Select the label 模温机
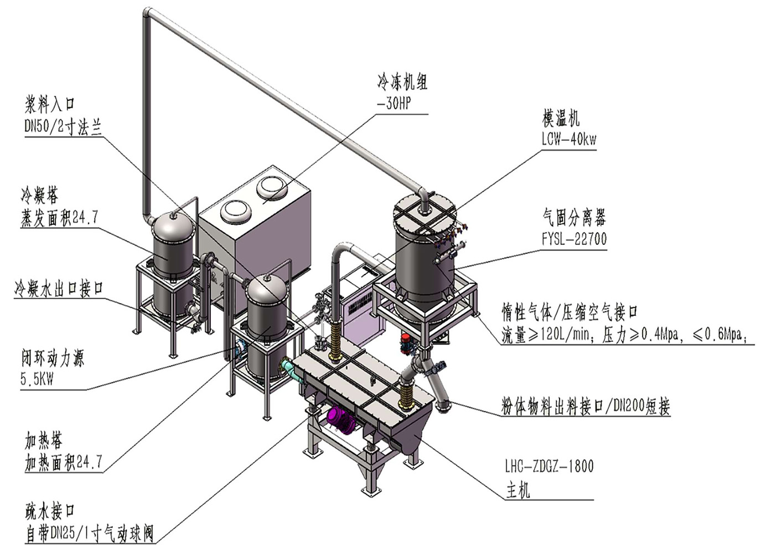tap(561, 118)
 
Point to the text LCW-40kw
tap(569, 138)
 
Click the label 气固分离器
tap(573, 218)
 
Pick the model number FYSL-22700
tap(573, 239)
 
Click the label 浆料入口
tap(50, 104)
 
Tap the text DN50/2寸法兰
tap(63, 127)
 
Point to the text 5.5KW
tap(37, 380)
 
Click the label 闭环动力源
tap(53, 358)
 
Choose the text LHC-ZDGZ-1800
tap(548, 466)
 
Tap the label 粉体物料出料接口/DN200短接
tap(585, 407)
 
